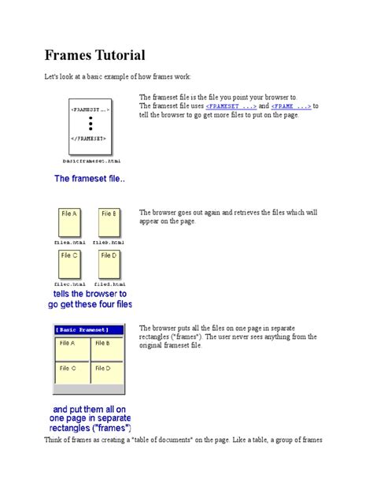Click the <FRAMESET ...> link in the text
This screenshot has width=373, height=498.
[231, 105]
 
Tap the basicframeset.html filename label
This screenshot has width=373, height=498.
[91, 159]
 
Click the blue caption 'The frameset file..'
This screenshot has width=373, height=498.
[90, 179]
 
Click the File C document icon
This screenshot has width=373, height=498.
[69, 265]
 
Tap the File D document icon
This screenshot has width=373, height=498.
[109, 265]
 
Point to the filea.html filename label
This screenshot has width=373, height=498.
[69, 242]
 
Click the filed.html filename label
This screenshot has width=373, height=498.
[109, 284]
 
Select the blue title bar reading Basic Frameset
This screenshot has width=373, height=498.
[89, 329]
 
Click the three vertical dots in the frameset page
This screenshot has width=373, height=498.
[91, 124]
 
